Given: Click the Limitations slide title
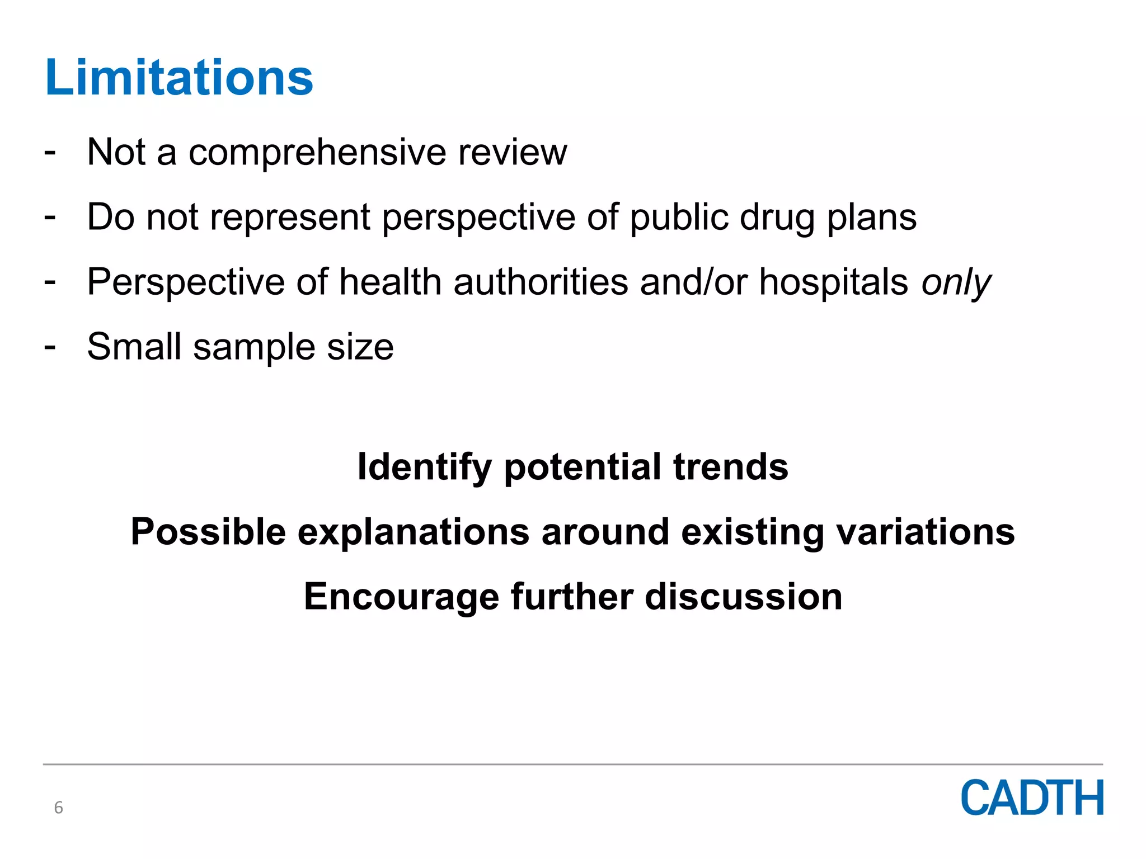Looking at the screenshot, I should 179,78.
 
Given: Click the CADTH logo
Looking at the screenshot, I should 1032,798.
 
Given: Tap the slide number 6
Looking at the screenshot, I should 58,808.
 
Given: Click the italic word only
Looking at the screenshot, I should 956,282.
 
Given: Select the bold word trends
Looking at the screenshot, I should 731,466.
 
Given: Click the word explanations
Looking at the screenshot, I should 414,532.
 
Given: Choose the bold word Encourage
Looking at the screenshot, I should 401,597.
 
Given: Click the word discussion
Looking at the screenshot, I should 744,596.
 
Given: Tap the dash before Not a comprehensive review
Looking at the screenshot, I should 50,152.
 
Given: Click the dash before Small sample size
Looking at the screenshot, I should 50,347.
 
